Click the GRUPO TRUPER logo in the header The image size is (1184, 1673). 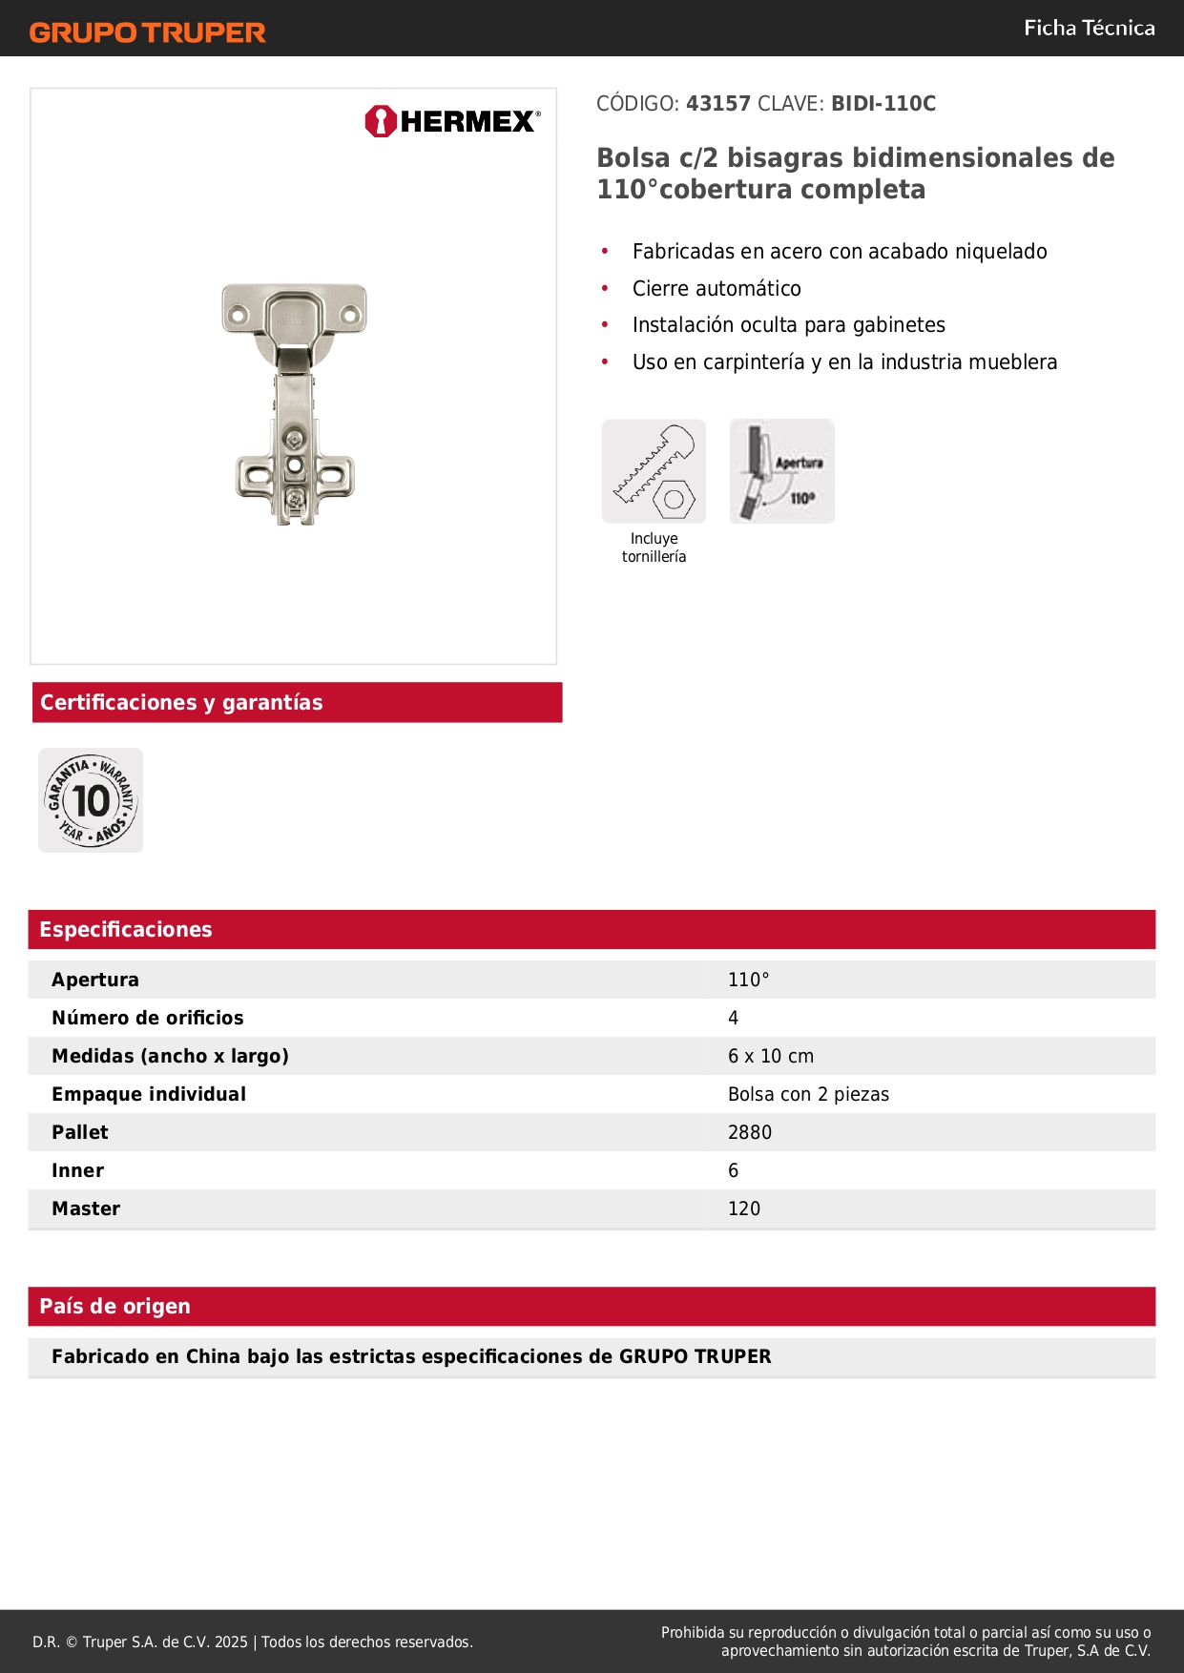coord(147,32)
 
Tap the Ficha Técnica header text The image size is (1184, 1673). coord(1089,29)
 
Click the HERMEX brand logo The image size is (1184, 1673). coord(452,121)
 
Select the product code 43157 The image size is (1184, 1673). coord(718,104)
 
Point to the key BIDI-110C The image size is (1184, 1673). coord(883,104)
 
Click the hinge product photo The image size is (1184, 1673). coord(295,403)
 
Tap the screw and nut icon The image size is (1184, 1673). coord(654,471)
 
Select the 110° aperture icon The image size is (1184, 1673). coord(782,471)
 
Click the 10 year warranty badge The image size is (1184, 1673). coord(91,800)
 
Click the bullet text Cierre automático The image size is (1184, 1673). coord(717,289)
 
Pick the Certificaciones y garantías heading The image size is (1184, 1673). coord(181,703)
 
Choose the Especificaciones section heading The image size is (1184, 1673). coord(126,930)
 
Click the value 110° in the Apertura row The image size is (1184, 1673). coord(749,980)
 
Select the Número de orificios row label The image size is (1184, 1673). coord(148,1018)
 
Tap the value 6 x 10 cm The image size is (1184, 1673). coord(771,1056)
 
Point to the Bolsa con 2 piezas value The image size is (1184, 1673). coord(808,1094)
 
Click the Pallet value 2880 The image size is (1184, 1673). coord(750,1132)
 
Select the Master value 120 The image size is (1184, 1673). coord(744,1208)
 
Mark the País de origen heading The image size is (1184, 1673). coord(114,1307)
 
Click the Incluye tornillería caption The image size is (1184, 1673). coord(654,547)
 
